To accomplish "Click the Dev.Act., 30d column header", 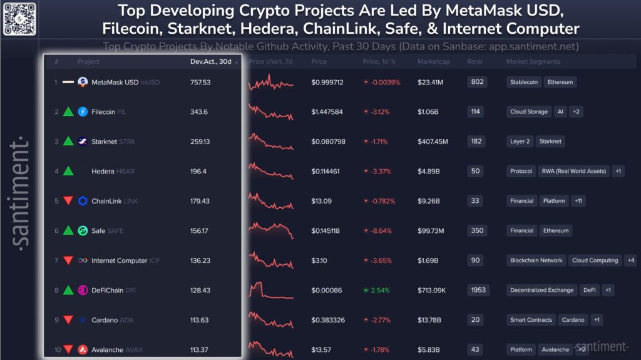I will tap(210, 62).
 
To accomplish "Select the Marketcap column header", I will tap(431, 62).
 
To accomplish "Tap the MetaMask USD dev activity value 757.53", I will tap(200, 82).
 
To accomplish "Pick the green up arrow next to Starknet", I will tap(68, 141).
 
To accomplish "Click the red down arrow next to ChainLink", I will tap(68, 201).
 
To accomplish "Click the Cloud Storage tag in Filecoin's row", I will tap(528, 112).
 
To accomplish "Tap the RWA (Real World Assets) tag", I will tap(574, 172).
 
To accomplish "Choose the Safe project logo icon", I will tap(83, 231).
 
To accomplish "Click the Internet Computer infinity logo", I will tap(83, 260).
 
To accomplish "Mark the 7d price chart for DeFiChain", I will tap(270, 291).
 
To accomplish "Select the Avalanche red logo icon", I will tap(83, 350).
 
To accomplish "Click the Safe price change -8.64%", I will tap(380, 231).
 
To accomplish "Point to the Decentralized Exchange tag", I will tap(541, 291).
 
